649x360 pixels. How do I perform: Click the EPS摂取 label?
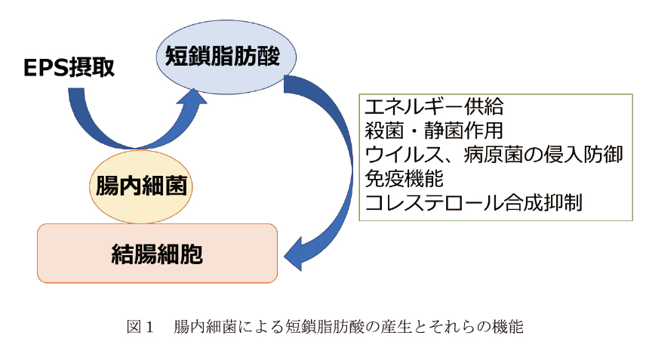tap(69, 67)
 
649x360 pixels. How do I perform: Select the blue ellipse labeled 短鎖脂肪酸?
tap(226, 57)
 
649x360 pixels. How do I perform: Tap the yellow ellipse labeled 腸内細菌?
tap(140, 186)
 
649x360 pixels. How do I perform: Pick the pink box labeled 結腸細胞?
tap(157, 254)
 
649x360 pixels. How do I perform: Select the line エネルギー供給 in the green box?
tap(434, 106)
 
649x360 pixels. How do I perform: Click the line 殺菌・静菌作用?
tap(434, 131)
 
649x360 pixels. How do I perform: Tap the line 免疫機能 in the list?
tap(404, 179)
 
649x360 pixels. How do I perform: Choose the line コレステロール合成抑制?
tap(473, 203)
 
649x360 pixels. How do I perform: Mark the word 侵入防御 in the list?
tap(583, 155)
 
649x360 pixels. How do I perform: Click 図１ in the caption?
tap(140, 327)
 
